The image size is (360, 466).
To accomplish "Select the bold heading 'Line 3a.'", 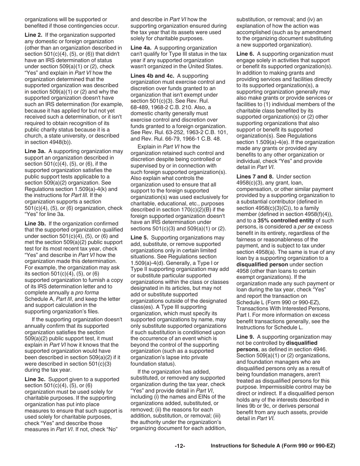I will coord(35,152).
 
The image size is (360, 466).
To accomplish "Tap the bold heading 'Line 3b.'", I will coord(35,224).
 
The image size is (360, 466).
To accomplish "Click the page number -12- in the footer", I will coord(180,446).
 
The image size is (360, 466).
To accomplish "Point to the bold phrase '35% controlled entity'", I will coord(286,220).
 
